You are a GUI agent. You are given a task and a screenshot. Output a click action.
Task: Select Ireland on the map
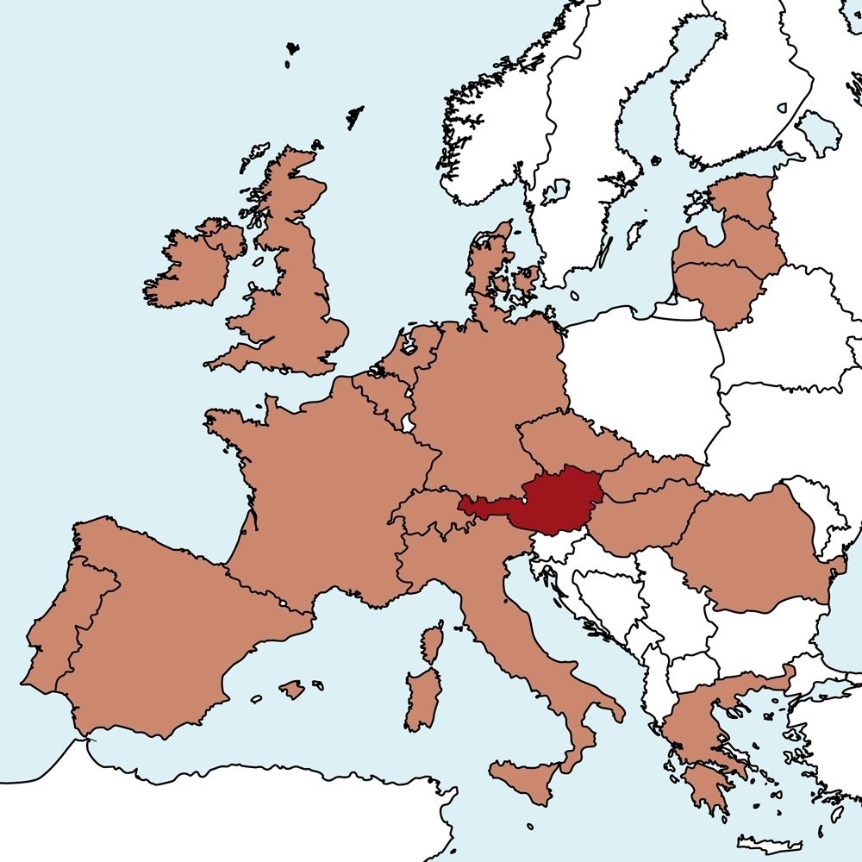tap(185, 267)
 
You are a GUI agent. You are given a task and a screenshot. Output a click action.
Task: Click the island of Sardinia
tap(422, 698)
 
